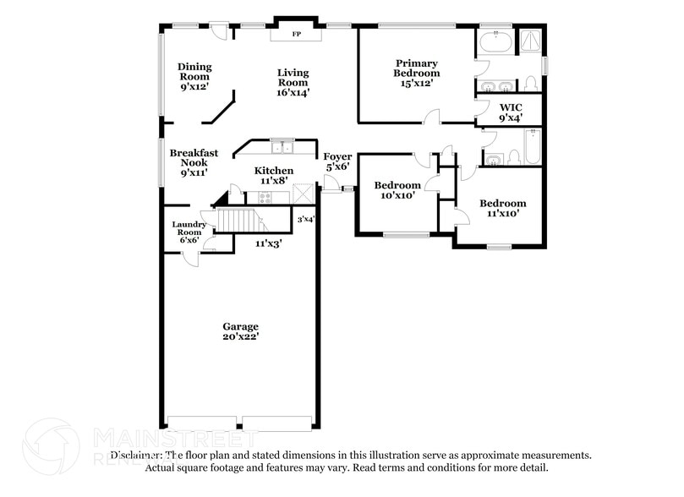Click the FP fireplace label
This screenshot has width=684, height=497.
[296, 35]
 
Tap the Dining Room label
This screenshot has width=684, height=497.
[194, 76]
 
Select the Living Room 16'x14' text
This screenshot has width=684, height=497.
[293, 82]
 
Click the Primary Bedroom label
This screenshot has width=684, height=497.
[416, 73]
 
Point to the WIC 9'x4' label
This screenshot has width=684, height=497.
[511, 112]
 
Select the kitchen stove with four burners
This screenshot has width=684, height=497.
[264, 198]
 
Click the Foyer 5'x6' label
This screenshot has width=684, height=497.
[337, 161]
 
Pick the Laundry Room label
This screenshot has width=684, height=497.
[189, 232]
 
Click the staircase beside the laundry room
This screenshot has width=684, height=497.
[237, 220]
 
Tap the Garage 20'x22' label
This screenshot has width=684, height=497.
[240, 330]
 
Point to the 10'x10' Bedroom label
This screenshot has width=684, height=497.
[397, 190]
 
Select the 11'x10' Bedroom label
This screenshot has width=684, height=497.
[502, 208]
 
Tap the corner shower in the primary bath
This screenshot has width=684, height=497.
[529, 41]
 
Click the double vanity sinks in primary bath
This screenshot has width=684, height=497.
[495, 87]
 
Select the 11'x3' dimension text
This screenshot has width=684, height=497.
[269, 243]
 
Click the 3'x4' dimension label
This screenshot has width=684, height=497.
[305, 220]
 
